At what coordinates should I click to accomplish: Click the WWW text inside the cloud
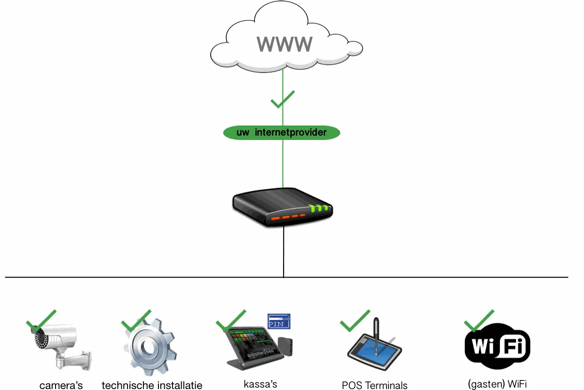(285, 44)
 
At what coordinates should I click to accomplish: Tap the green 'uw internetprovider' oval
(282, 132)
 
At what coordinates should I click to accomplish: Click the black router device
(283, 208)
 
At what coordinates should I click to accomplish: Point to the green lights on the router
(319, 209)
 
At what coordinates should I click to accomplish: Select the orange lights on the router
(288, 218)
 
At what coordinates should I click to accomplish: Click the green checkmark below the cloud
(282, 99)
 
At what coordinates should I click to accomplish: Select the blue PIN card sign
(279, 321)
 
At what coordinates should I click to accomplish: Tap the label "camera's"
(61, 385)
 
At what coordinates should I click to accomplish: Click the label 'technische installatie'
(152, 385)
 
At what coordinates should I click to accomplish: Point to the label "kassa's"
(260, 384)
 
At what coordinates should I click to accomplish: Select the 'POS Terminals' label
(374, 385)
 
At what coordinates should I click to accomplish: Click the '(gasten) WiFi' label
(497, 384)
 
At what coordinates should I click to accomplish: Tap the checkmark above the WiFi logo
(478, 320)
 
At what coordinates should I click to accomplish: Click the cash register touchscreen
(251, 343)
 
